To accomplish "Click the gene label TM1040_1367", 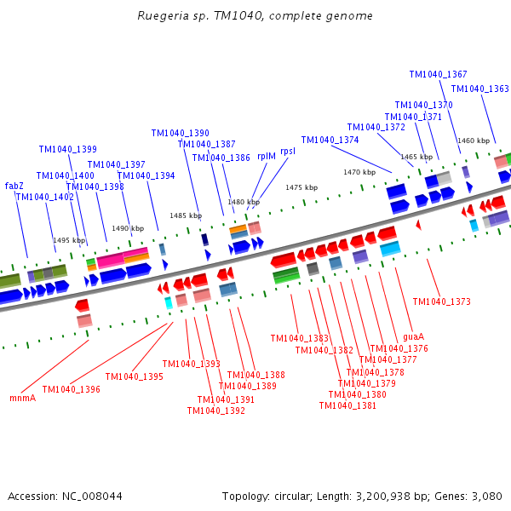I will [438, 75].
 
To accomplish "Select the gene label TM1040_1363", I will [479, 89].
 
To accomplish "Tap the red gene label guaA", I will [413, 337].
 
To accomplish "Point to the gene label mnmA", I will [22, 398].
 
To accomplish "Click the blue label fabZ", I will [14, 186].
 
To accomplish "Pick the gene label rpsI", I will [288, 151].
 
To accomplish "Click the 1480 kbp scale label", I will [243, 202].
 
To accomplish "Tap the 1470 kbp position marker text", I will [359, 172].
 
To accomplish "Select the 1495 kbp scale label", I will [69, 241].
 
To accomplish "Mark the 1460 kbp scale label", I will [473, 141].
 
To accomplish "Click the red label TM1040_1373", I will [441, 301].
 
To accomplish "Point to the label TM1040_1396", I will [71, 390].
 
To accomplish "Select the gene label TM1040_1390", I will [180, 134].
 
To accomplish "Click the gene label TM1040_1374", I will [330, 141].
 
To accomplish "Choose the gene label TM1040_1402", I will [44, 198].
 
